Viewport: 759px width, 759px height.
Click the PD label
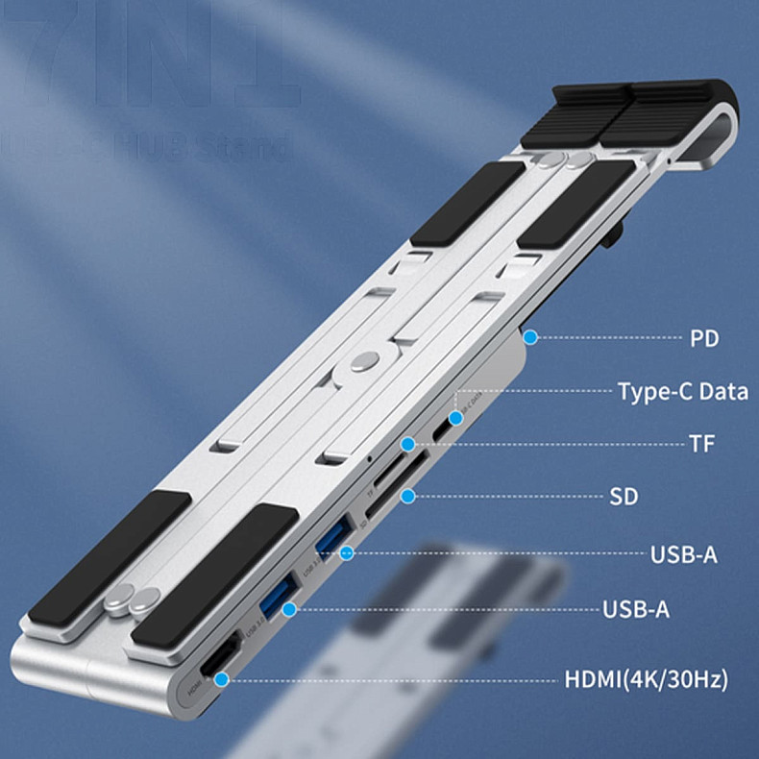pos(704,338)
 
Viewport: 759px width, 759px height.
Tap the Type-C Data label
pos(682,392)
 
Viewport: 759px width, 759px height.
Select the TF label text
pos(702,445)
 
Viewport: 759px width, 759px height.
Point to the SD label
pos(624,498)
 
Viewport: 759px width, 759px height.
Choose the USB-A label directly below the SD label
pos(683,554)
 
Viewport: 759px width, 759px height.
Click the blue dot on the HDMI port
pos(223,678)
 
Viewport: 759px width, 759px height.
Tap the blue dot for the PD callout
pos(529,337)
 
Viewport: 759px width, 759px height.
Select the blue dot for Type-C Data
pos(455,392)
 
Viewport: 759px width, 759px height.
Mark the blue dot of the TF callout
pos(408,444)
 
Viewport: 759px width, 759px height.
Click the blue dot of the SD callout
pos(408,497)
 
